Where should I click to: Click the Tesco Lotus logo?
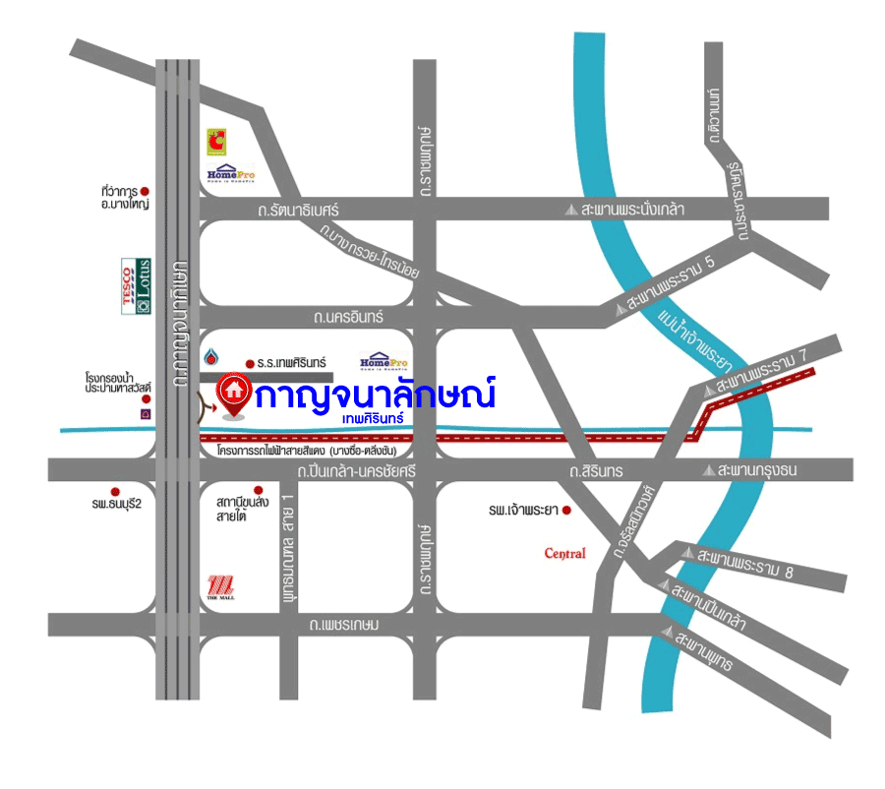pyautogui.click(x=136, y=286)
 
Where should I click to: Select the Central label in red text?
pyautogui.click(x=564, y=553)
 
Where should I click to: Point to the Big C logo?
pyautogui.click(x=215, y=142)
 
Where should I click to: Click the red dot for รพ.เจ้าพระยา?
pyautogui.click(x=566, y=511)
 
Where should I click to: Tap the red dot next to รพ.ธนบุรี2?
pyautogui.click(x=115, y=491)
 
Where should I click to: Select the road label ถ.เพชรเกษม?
pyautogui.click(x=343, y=625)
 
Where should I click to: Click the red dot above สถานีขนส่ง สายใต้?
pyautogui.click(x=258, y=490)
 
